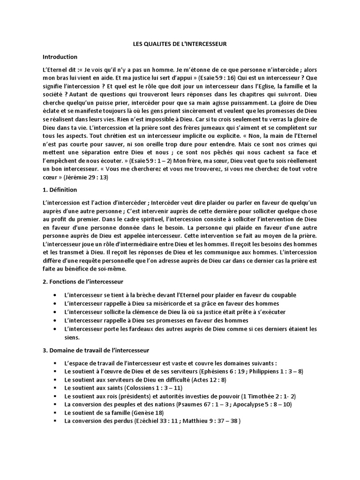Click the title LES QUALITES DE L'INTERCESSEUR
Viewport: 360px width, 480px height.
tap(180, 44)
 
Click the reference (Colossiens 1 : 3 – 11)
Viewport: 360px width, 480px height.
tap(153, 388)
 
